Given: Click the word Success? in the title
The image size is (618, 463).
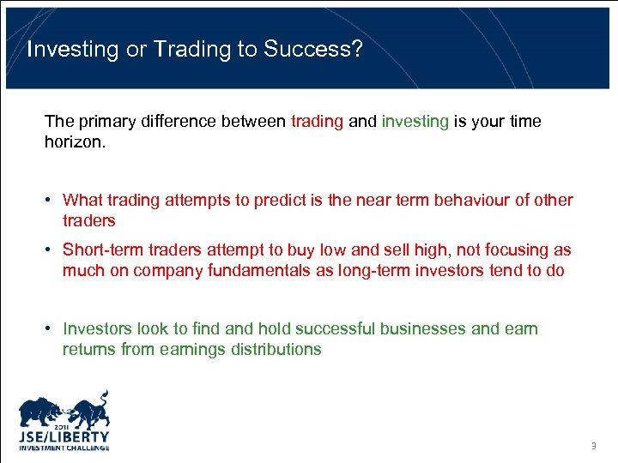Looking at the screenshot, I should (x=313, y=49).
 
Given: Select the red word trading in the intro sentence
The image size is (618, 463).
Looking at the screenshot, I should (x=317, y=121).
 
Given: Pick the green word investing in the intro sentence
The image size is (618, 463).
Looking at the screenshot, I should (x=415, y=121).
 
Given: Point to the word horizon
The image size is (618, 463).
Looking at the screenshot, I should (x=75, y=141).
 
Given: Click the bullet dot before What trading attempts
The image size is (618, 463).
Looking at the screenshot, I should (x=51, y=201).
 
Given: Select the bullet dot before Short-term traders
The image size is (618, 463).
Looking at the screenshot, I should (x=51, y=250).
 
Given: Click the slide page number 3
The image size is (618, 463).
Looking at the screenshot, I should (x=593, y=446).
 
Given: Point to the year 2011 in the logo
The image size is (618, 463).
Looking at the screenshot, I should (x=64, y=425).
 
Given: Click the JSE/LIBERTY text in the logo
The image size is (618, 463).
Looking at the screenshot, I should (x=64, y=436).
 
